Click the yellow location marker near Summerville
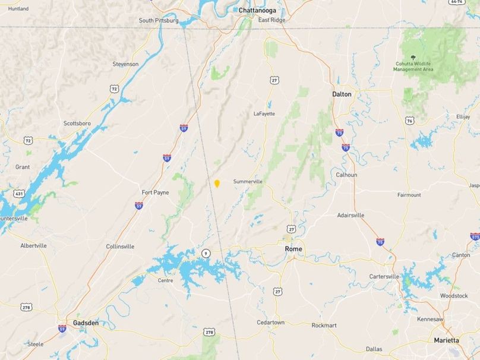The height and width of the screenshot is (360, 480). pyautogui.click(x=217, y=184)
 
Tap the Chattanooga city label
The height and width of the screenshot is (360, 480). pyautogui.click(x=259, y=10)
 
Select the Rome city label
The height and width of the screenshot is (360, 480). pyautogui.click(x=293, y=249)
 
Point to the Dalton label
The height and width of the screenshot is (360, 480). pyautogui.click(x=342, y=94)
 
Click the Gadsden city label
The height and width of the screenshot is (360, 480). pyautogui.click(x=86, y=323)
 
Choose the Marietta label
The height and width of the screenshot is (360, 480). pyautogui.click(x=446, y=340)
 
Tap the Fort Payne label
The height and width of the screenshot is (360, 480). pyautogui.click(x=155, y=192)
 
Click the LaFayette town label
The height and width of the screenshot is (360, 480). pyautogui.click(x=264, y=113)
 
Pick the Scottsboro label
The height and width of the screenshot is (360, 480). pyautogui.click(x=77, y=124)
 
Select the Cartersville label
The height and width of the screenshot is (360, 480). pyautogui.click(x=384, y=276)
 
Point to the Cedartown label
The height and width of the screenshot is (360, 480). pyautogui.click(x=270, y=323)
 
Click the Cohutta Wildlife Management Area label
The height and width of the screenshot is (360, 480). pyautogui.click(x=413, y=67)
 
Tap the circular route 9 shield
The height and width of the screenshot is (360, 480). pyautogui.click(x=206, y=253)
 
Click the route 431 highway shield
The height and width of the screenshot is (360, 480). pyautogui.click(x=19, y=194)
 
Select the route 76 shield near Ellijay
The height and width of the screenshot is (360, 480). pyautogui.click(x=410, y=121)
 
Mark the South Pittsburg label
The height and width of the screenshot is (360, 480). pyautogui.click(x=159, y=20)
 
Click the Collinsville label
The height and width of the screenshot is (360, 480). pyautogui.click(x=121, y=246)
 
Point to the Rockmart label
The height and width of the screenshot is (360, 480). pyautogui.click(x=324, y=325)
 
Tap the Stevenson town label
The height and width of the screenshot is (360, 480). pyautogui.click(x=125, y=64)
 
